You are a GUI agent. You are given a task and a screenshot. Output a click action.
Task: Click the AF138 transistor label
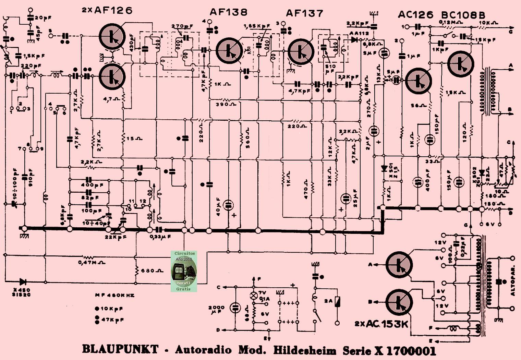tap(229, 13)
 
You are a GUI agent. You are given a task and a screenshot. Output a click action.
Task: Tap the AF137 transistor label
tap(304, 13)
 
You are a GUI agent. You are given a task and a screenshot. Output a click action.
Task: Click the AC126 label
tap(415, 15)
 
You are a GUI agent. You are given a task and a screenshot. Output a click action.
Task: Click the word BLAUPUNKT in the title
tap(120, 350)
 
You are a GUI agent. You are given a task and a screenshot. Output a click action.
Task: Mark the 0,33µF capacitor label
tap(160, 237)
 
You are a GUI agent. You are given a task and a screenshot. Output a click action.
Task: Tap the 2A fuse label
tap(328, 301)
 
